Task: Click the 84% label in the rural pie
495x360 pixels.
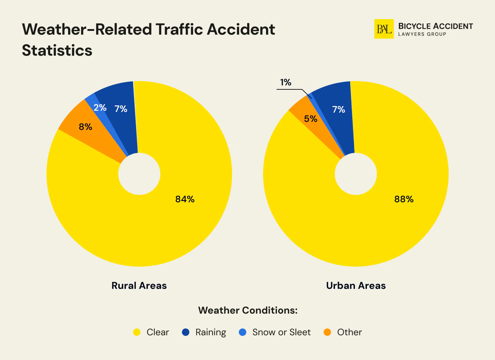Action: coord(185,199)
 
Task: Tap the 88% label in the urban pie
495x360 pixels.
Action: coord(404,199)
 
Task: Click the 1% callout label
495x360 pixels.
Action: coord(286,82)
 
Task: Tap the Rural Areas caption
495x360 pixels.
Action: coord(139,285)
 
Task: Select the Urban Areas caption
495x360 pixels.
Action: coord(356,285)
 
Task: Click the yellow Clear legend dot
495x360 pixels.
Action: coord(137,332)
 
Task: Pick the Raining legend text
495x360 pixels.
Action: coord(211,332)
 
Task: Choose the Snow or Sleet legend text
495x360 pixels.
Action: coord(281,332)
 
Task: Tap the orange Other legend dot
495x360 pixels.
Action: coord(327,332)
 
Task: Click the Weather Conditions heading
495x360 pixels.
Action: coord(248,310)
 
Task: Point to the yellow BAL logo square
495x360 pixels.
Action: coord(384,29)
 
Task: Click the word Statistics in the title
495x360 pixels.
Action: coord(57,50)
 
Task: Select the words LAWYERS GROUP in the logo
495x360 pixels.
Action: coord(422,34)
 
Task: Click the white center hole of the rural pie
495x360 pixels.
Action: coord(139,174)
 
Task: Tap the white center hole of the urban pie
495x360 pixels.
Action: coord(356,174)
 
